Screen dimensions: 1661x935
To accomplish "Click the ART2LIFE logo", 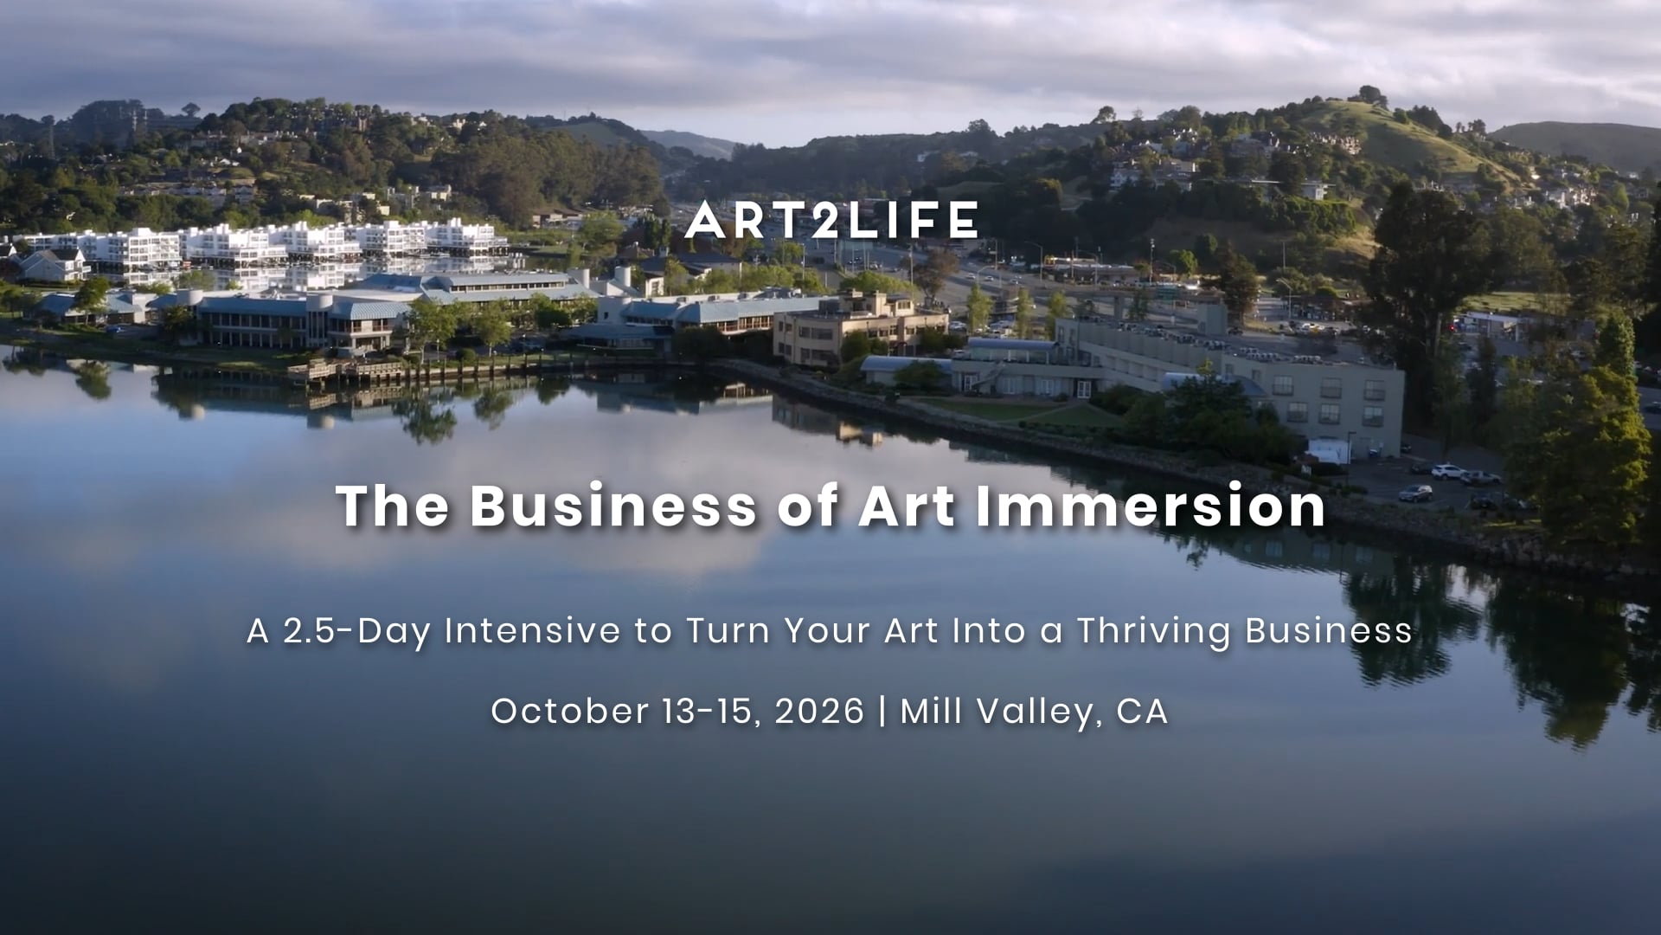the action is pyautogui.click(x=831, y=220).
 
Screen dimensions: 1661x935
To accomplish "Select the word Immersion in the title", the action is pyautogui.click(x=1151, y=506).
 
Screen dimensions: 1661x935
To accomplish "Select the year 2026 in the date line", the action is pyautogui.click(x=819, y=711).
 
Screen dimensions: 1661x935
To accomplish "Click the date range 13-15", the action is pyautogui.click(x=713, y=711).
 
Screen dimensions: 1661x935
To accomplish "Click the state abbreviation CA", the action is pyautogui.click(x=1143, y=711).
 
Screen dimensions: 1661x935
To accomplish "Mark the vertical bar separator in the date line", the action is pyautogui.click(x=882, y=712).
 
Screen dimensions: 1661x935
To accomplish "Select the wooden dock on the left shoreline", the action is pyautogui.click(x=346, y=372).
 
